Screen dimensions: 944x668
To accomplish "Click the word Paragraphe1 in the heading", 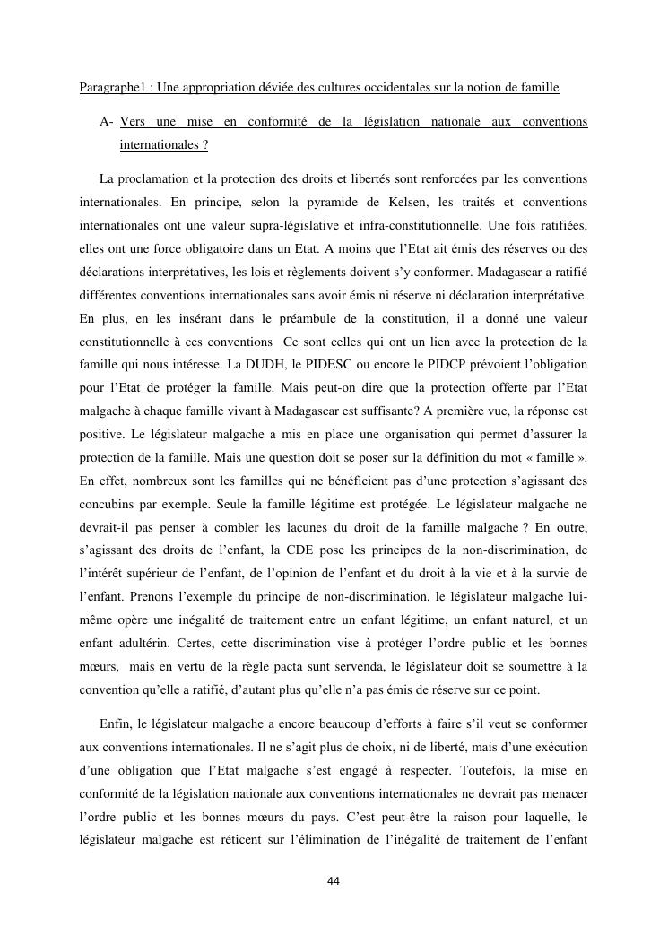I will point(108,87).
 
